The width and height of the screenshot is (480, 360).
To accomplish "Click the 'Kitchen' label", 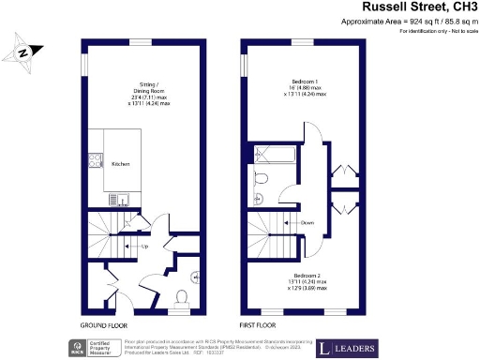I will [121, 164].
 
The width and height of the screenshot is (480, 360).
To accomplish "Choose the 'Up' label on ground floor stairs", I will [144, 246].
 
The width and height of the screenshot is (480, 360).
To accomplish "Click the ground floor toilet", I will [183, 296].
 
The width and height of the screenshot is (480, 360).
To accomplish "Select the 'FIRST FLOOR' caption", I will [256, 323].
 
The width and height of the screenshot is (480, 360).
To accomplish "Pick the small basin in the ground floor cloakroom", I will [194, 277].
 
